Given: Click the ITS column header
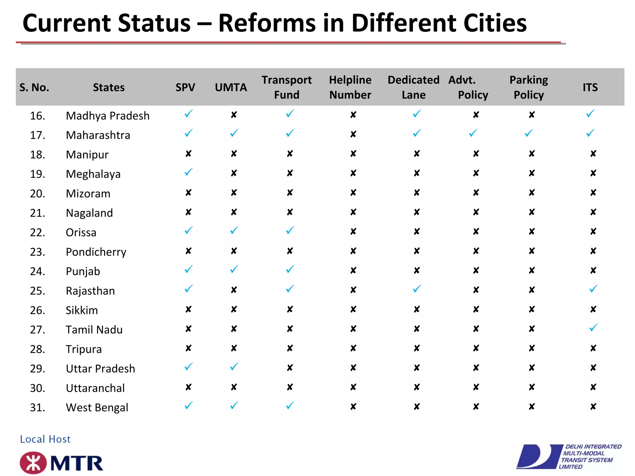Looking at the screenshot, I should [x=590, y=87].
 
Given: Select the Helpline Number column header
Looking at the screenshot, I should [x=350, y=87].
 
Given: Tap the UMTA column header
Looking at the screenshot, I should [x=231, y=87].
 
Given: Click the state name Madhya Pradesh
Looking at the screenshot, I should [x=108, y=116].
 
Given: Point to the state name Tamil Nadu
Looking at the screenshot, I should [x=94, y=330].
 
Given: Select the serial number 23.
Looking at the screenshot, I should [x=38, y=252].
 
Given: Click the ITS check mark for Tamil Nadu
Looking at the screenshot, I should [x=593, y=328].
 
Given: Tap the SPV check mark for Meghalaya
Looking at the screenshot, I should [x=189, y=172].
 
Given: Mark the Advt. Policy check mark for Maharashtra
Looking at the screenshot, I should [x=473, y=134].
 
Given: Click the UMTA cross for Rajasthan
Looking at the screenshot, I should [x=234, y=290].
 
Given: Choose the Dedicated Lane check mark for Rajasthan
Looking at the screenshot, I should [x=417, y=289].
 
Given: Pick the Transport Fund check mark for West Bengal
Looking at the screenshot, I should [x=290, y=406].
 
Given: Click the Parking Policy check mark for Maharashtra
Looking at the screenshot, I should [x=529, y=134].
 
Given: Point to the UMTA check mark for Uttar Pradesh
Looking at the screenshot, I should [x=234, y=367].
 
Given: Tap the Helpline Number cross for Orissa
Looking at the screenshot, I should [x=353, y=232].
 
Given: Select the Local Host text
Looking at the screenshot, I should [x=45, y=439].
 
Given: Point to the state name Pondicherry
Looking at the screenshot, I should [x=96, y=252].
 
